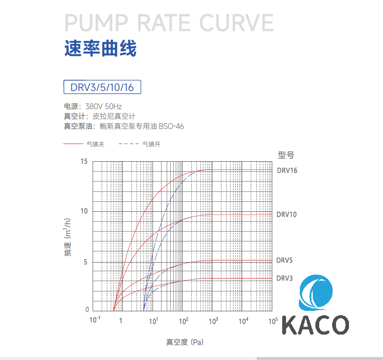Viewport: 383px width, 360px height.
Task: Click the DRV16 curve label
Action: tap(287, 170)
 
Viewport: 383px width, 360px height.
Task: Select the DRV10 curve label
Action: tap(286, 214)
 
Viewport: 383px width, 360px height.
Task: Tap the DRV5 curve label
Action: tap(284, 260)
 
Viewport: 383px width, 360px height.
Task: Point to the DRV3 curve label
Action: tap(284, 278)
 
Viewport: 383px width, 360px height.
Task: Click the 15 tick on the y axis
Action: tap(84, 161)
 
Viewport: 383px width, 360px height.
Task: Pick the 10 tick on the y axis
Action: tap(84, 211)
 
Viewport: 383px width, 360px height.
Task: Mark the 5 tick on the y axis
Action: tap(85, 262)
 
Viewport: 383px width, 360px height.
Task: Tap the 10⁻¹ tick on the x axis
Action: tap(95, 320)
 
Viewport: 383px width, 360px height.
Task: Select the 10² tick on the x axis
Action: tap(184, 320)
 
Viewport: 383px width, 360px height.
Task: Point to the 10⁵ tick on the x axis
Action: tap(273, 320)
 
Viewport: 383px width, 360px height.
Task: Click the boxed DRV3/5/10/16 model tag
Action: tap(102, 87)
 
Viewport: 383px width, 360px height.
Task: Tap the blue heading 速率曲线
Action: tap(100, 49)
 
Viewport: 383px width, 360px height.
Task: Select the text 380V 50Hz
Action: tap(104, 106)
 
